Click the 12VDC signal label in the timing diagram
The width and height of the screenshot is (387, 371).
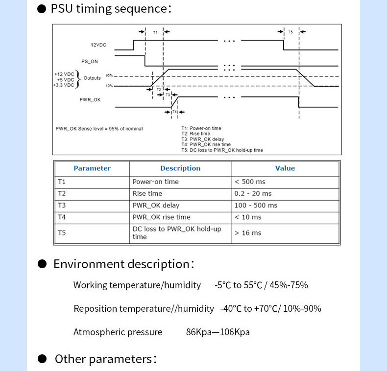coord(98,45)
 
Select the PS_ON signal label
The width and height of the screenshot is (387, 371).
coord(90,61)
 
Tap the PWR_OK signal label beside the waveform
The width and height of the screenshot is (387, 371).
coord(90,100)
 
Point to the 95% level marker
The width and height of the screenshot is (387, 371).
coord(109,75)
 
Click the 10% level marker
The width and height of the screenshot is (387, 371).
coord(109,86)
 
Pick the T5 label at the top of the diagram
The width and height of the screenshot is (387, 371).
coord(290,32)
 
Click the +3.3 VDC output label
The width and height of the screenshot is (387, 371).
coord(64,85)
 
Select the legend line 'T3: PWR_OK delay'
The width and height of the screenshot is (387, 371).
coord(203,139)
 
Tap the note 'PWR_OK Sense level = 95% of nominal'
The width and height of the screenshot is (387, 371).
coord(99,129)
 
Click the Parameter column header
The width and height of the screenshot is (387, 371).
coord(92,168)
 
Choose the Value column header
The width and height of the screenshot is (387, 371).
coord(285,168)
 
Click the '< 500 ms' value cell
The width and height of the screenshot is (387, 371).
coord(250,182)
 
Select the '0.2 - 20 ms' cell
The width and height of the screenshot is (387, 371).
coord(253,193)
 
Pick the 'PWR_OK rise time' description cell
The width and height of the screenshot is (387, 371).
coord(162,217)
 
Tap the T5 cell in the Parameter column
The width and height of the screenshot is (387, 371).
coord(62,233)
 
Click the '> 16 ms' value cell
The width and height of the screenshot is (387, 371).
coord(248,233)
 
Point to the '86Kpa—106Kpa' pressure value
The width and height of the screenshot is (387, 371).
coord(218,332)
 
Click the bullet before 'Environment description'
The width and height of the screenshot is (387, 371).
coord(42,264)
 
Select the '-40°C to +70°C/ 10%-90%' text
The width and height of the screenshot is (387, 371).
coord(271,308)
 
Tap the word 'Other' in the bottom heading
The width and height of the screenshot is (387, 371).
coord(70,359)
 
